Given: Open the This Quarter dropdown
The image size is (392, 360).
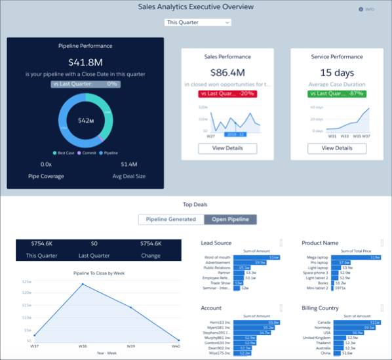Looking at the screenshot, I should click(x=197, y=22).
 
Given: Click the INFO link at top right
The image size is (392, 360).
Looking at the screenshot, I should click(x=366, y=9).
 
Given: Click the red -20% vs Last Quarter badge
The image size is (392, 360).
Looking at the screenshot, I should click(x=227, y=94).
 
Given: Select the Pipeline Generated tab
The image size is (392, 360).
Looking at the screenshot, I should click(x=171, y=219).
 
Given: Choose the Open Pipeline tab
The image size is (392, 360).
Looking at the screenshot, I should click(x=229, y=219).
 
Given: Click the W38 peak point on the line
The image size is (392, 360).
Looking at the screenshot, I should click(x=83, y=284).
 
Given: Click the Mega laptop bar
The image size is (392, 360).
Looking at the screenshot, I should click(x=360, y=257).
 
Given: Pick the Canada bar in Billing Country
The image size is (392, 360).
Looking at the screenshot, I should click(x=360, y=322).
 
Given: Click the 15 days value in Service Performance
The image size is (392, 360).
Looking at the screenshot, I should click(x=337, y=73).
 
